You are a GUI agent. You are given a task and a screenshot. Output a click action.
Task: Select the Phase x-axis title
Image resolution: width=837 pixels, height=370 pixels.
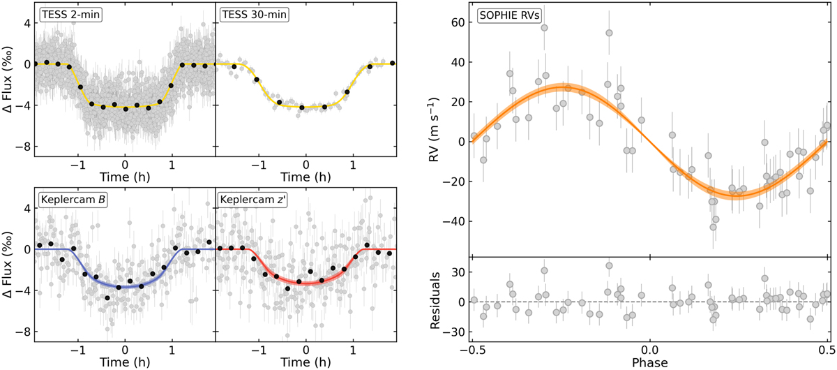pyautogui.click(x=649, y=363)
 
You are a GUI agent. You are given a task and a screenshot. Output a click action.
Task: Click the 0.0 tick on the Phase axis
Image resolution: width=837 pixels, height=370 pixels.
pyautogui.click(x=649, y=347)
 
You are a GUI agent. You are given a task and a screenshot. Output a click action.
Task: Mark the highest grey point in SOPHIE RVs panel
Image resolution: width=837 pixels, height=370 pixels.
pyautogui.click(x=544, y=28)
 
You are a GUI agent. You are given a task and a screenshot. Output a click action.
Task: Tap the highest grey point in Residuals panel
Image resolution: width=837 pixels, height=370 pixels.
pyautogui.click(x=609, y=265)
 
